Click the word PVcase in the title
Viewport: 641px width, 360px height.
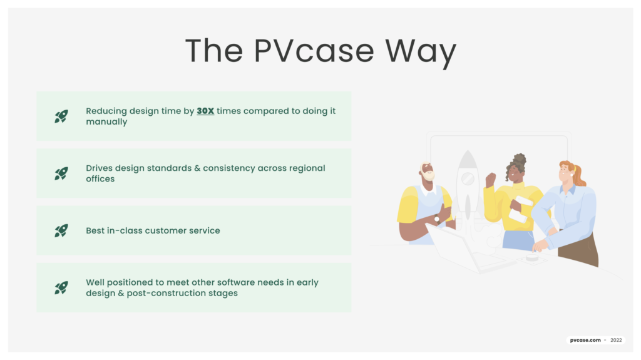(x=314, y=51)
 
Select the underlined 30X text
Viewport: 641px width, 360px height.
(x=205, y=111)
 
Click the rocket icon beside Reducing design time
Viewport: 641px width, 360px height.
(x=61, y=116)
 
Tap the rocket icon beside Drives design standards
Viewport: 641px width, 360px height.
(x=61, y=173)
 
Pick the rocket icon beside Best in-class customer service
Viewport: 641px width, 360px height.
(x=61, y=231)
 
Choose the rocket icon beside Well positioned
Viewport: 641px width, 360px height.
(x=61, y=288)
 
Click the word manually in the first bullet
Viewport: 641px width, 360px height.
(x=106, y=122)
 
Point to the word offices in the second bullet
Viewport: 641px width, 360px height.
(x=100, y=179)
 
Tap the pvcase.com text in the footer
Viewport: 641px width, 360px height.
(x=585, y=341)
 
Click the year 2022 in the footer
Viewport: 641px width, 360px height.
(x=616, y=341)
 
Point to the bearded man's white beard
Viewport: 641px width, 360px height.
(x=429, y=175)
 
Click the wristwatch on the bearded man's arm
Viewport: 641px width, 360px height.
(x=437, y=219)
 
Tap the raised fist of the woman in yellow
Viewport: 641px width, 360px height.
(x=491, y=178)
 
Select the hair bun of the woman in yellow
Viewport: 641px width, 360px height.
(x=520, y=159)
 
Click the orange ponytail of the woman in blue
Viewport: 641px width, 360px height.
(x=579, y=176)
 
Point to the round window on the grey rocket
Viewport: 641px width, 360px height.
(x=468, y=178)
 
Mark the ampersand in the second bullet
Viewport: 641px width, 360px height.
(x=197, y=168)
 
